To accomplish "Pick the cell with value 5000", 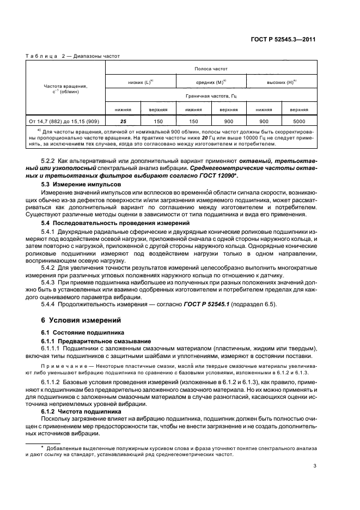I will [298, 121].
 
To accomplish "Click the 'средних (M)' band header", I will [210, 82].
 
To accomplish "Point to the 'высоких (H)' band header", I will [282, 82].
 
